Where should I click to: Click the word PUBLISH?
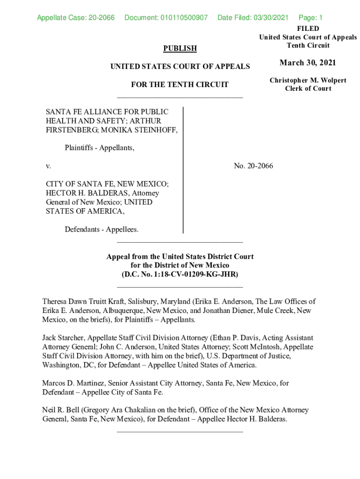pos(180,48)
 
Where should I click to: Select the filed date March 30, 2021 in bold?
pos(308,63)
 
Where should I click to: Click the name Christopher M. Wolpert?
pos(308,80)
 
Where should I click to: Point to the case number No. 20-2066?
pos(253,166)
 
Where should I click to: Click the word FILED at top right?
pos(308,29)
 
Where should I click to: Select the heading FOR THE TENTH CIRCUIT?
pos(180,85)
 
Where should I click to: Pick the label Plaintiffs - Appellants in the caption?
pos(99,148)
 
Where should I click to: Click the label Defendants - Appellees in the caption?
pos(101,229)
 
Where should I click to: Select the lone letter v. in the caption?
pos(48,166)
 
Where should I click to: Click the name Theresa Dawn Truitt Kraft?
pos(85,302)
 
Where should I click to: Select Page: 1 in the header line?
pos(310,18)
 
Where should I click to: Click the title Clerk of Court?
pos(308,89)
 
